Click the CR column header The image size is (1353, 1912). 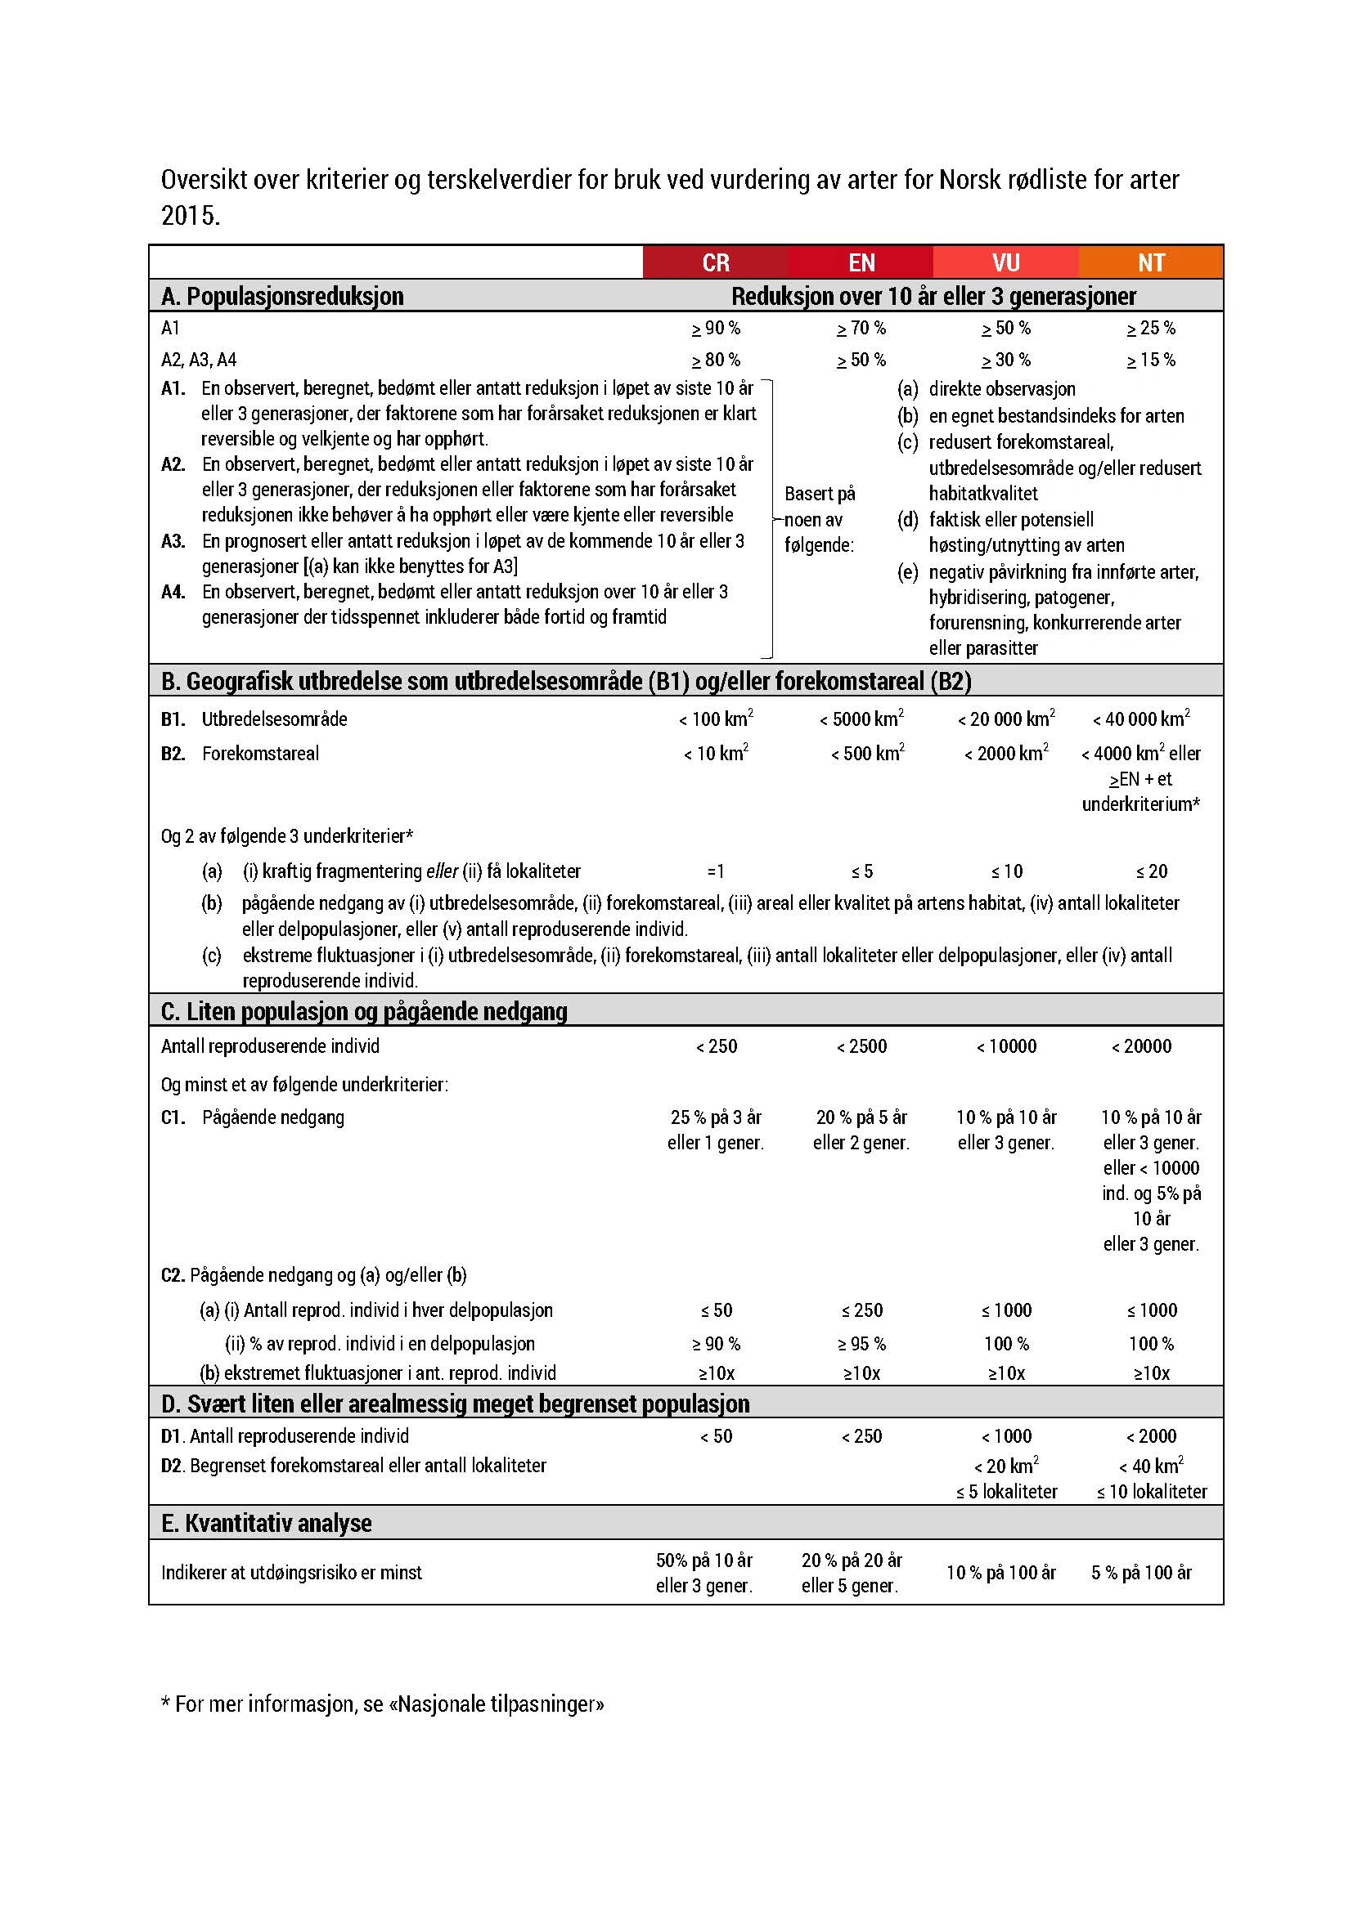(716, 262)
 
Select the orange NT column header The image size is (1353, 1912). (1151, 262)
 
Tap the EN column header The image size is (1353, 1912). (861, 262)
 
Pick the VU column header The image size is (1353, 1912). (1005, 262)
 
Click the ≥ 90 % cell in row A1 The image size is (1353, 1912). (716, 328)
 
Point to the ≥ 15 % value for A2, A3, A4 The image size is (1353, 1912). (1151, 360)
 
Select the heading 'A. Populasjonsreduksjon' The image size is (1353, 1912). (282, 296)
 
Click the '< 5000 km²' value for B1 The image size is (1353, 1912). (861, 719)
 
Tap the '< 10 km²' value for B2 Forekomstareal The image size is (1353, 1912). (716, 754)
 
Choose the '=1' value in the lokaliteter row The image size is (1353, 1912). (716, 871)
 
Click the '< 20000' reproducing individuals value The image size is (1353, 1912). (1140, 1046)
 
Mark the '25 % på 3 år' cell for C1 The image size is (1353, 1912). (716, 1117)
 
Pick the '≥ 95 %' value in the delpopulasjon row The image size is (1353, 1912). (861, 1343)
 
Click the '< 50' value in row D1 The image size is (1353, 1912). (716, 1435)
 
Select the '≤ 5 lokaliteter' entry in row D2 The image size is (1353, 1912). (1006, 1492)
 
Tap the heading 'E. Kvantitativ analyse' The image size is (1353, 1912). (267, 1523)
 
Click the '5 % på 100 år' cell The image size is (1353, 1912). (1141, 1572)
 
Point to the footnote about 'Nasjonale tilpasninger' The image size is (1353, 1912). (382, 1704)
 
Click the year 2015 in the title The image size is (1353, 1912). (190, 215)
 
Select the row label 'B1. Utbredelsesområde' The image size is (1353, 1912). (254, 719)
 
